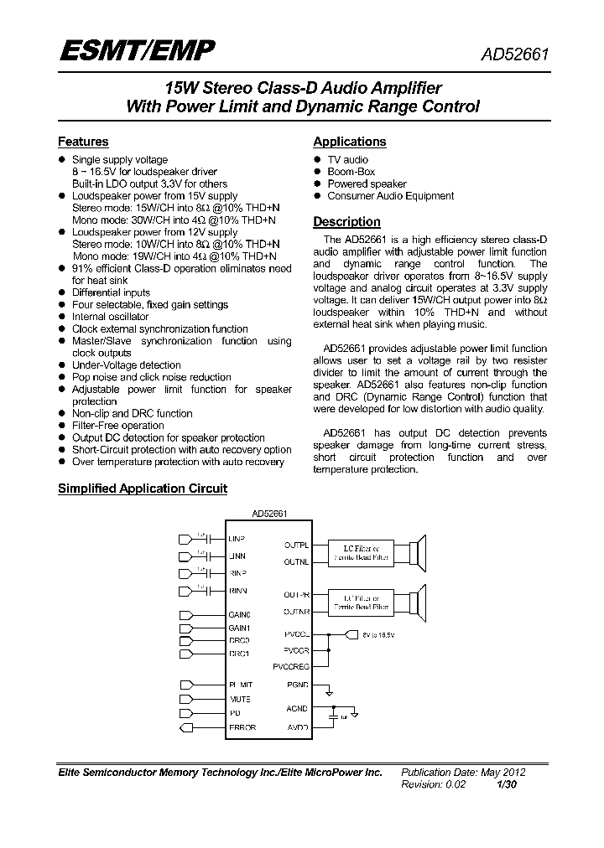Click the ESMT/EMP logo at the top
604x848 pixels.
136,52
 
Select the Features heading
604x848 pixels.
83,142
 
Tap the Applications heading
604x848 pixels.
349,142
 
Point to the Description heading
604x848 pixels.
346,222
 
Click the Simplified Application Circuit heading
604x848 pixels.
142,489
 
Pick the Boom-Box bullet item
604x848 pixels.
351,172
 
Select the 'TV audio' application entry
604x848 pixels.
347,159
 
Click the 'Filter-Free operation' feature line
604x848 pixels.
117,426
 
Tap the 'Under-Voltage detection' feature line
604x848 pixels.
126,365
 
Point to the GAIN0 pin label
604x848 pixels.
239,615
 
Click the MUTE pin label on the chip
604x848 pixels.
240,698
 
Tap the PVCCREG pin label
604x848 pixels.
291,666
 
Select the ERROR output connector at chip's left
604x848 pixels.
187,727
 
